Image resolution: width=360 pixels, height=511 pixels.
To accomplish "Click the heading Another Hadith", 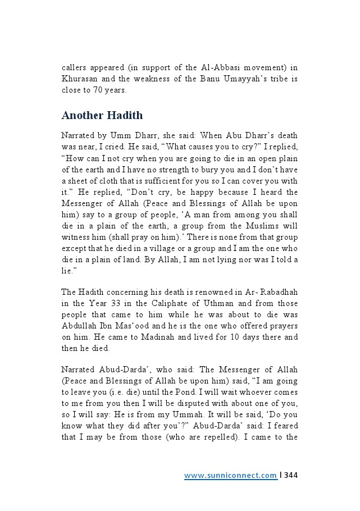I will pyautogui.click(x=102, y=115).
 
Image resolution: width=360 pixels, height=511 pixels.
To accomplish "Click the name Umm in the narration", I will pyautogui.click(x=121, y=136).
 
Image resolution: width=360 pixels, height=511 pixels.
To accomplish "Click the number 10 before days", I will pyautogui.click(x=215, y=337).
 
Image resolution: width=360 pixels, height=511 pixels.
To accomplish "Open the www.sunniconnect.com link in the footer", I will pyautogui.click(x=230, y=476).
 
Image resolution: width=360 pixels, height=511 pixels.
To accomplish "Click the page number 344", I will pyautogui.click(x=291, y=476).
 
